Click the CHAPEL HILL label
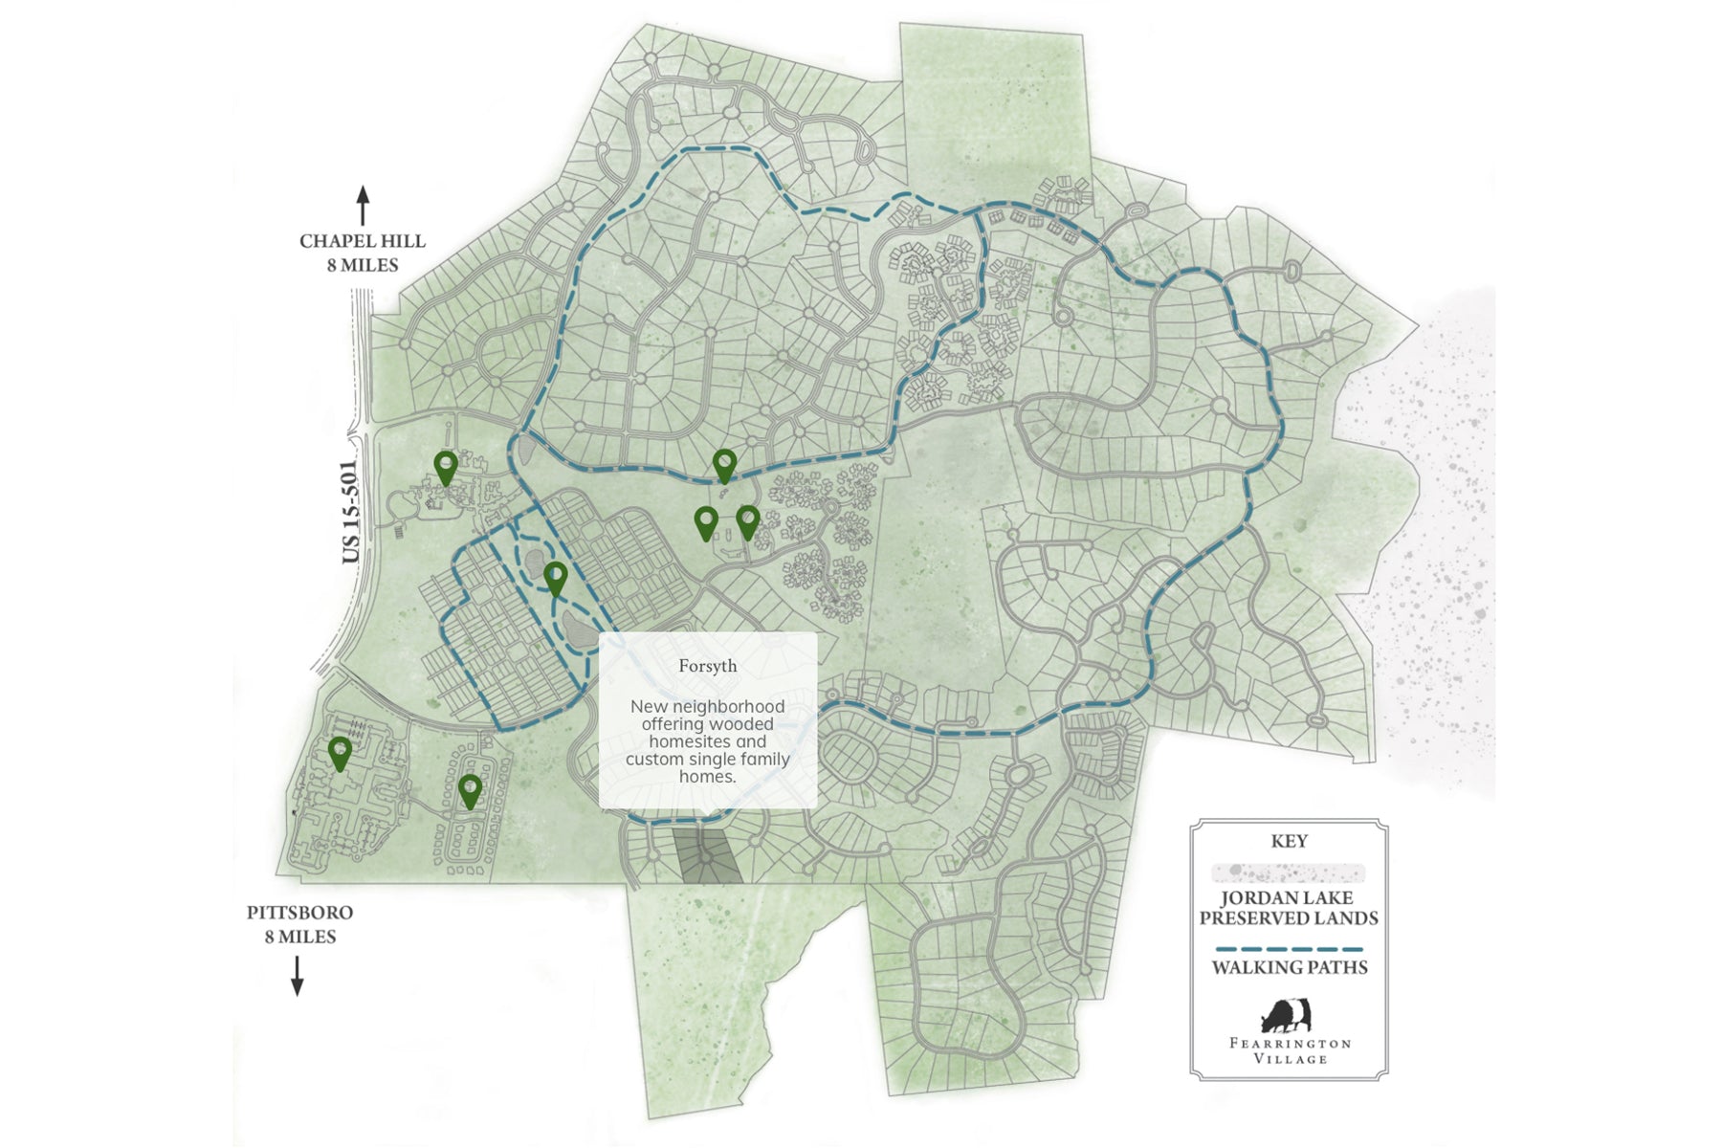(362, 241)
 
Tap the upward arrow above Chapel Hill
(363, 205)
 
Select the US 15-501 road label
(351, 512)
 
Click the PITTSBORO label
(299, 913)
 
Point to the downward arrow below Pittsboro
(297, 975)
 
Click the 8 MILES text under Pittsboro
(299, 937)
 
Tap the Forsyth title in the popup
(707, 666)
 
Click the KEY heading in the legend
(1289, 841)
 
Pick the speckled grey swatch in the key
(1288, 872)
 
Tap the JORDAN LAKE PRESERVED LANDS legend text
(1289, 908)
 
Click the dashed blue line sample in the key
(1288, 949)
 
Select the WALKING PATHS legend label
(1289, 967)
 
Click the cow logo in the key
(1288, 1014)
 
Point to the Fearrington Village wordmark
(1290, 1050)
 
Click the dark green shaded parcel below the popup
(707, 855)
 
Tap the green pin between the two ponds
(555, 577)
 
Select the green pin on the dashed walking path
(724, 465)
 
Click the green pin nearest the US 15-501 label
(445, 467)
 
